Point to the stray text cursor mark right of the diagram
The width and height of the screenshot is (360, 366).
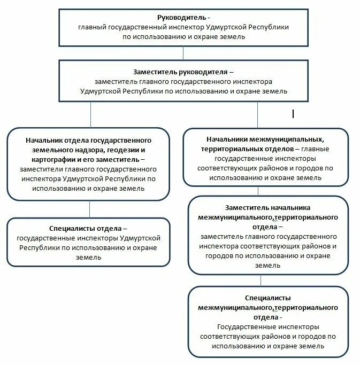tap(293, 114)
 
